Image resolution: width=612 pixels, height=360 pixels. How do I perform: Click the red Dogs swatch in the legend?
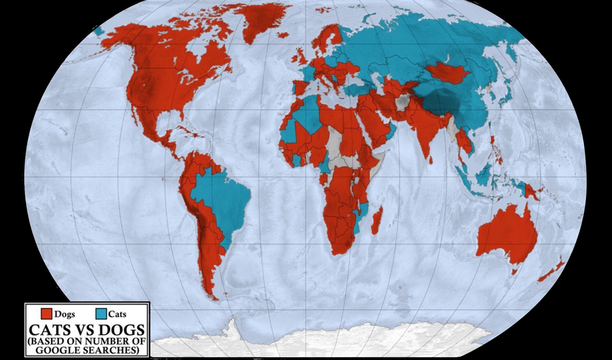click(x=46, y=314)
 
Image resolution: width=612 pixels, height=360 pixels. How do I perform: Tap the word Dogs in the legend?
click(x=65, y=314)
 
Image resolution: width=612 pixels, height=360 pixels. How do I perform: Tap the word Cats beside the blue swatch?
click(x=117, y=314)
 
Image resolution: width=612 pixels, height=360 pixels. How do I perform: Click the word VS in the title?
click(x=86, y=330)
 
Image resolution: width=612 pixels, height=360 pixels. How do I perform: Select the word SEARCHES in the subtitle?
click(x=109, y=350)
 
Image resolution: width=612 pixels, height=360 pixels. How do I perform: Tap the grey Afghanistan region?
click(x=403, y=102)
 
